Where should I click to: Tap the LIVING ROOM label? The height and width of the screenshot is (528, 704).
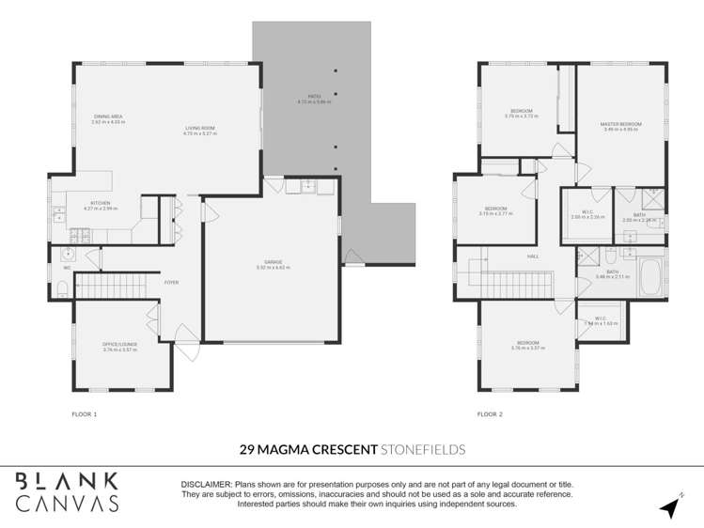pyautogui.click(x=199, y=129)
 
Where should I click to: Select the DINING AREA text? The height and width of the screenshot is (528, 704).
pyautogui.click(x=108, y=116)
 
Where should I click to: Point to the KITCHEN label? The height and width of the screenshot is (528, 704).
pyautogui.click(x=100, y=202)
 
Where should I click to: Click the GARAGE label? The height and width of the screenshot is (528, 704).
pyautogui.click(x=274, y=262)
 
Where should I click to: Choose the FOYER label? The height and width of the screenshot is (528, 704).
pyautogui.click(x=172, y=282)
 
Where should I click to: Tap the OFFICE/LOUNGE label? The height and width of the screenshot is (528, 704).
pyautogui.click(x=120, y=344)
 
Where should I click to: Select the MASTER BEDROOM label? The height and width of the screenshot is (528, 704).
pyautogui.click(x=620, y=124)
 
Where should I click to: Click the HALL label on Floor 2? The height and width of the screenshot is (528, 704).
pyautogui.click(x=532, y=255)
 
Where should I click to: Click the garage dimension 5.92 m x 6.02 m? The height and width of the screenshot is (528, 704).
pyautogui.click(x=274, y=268)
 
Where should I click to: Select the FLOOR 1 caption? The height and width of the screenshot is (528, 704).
pyautogui.click(x=85, y=413)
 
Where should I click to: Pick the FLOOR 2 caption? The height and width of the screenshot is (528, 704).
pyautogui.click(x=490, y=413)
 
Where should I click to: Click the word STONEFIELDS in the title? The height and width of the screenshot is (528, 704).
pyautogui.click(x=423, y=450)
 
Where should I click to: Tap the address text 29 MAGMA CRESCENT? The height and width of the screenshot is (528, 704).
pyautogui.click(x=307, y=450)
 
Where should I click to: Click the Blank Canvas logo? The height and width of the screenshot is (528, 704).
pyautogui.click(x=67, y=490)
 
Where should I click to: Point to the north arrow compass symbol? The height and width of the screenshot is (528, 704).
pyautogui.click(x=670, y=507)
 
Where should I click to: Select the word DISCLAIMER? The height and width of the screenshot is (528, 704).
pyautogui.click(x=205, y=484)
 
